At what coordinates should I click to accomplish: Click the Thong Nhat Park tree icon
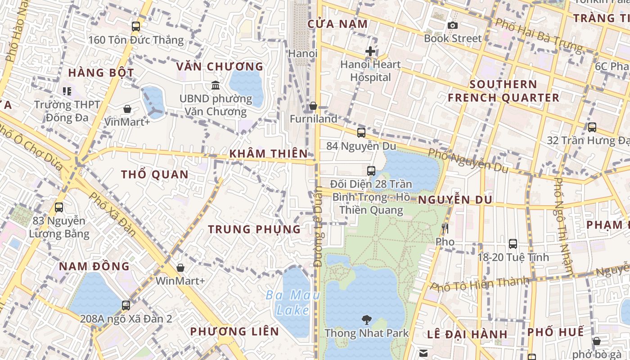[x=367, y=320]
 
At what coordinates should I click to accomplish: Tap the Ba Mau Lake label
[x=292, y=302]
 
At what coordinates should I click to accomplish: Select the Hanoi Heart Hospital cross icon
[x=370, y=51]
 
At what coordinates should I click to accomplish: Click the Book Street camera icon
[x=452, y=26]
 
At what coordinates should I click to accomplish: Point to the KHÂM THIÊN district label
[x=268, y=153]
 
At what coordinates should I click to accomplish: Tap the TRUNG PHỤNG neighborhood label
[x=254, y=229]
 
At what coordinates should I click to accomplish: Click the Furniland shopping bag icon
[x=313, y=106]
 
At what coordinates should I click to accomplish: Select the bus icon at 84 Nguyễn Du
[x=361, y=132]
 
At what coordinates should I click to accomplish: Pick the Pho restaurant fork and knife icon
[x=445, y=229]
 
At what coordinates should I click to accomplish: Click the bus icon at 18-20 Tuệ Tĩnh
[x=513, y=244]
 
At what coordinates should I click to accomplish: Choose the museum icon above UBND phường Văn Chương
[x=216, y=85]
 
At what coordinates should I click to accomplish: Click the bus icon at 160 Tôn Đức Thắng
[x=136, y=27]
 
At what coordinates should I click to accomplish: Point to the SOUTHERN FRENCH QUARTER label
[x=504, y=91]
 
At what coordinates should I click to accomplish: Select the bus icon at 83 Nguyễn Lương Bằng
[x=59, y=207]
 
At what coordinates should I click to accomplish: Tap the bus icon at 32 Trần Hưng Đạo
[x=592, y=127]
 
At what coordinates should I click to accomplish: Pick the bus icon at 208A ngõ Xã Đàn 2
[x=126, y=306]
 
